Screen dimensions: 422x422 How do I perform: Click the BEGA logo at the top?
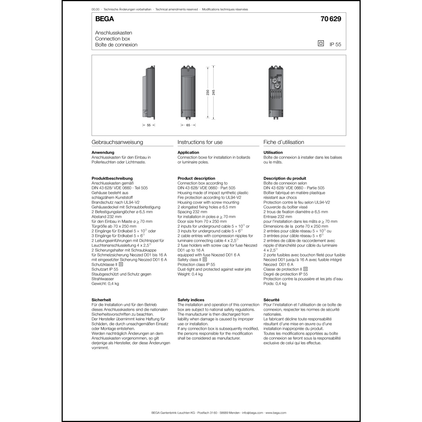(104, 19)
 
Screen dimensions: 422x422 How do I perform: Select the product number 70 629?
(331, 19)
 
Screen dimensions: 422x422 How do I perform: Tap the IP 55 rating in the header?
(335, 44)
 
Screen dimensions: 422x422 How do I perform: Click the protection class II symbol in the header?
(321, 43)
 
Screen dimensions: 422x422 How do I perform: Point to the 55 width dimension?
(149, 125)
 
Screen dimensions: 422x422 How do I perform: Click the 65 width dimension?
(188, 125)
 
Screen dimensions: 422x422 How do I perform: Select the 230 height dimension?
(208, 92)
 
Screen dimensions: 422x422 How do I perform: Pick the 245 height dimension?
(214, 92)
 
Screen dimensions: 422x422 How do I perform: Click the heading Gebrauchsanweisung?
(117, 142)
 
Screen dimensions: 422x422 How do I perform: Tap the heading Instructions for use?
(200, 142)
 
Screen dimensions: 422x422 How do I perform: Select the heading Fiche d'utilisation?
(284, 142)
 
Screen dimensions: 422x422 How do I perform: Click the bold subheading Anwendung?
(103, 152)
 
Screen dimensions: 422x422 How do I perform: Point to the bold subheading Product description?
(196, 178)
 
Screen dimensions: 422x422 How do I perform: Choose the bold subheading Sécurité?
(271, 300)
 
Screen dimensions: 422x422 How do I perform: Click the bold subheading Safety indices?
(191, 300)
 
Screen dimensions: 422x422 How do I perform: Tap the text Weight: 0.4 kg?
(190, 274)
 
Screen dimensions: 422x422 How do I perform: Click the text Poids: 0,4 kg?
(275, 284)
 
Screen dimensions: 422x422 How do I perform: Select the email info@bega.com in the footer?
(252, 413)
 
